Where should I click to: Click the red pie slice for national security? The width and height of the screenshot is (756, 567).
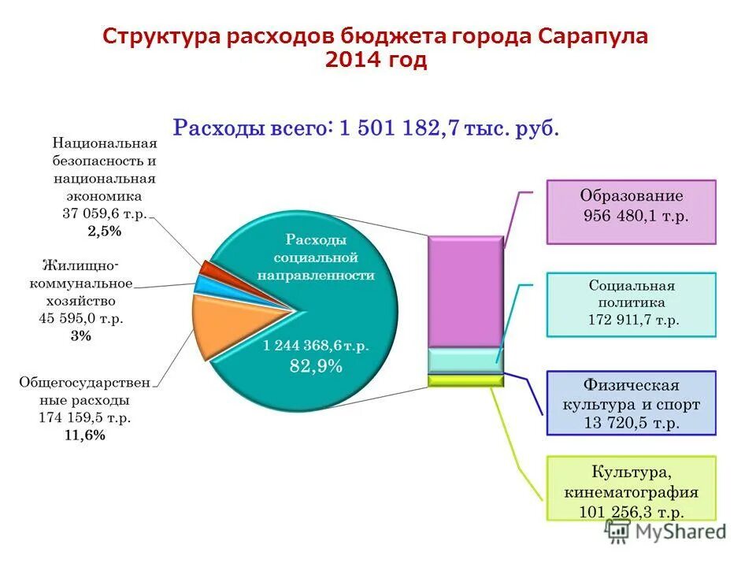click(206, 268)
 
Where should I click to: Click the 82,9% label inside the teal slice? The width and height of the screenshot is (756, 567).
click(316, 365)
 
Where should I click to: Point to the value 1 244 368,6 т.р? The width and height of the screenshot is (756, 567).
click(316, 345)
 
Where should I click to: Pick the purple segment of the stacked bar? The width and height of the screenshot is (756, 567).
click(465, 291)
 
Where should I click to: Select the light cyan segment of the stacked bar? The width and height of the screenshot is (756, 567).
click(465, 360)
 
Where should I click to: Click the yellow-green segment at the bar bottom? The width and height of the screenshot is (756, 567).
click(465, 380)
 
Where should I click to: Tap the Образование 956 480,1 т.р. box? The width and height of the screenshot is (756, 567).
click(632, 211)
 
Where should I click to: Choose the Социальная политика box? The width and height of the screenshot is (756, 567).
click(632, 304)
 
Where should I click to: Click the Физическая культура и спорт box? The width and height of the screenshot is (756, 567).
click(632, 403)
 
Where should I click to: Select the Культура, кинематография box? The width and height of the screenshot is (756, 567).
click(632, 488)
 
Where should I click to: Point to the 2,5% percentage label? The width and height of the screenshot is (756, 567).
click(105, 232)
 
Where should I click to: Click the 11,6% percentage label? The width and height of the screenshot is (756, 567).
click(84, 435)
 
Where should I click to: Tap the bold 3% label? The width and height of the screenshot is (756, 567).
click(81, 335)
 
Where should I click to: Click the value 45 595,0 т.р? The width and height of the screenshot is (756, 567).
click(81, 318)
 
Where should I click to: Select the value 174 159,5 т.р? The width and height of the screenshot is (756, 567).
click(84, 417)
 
